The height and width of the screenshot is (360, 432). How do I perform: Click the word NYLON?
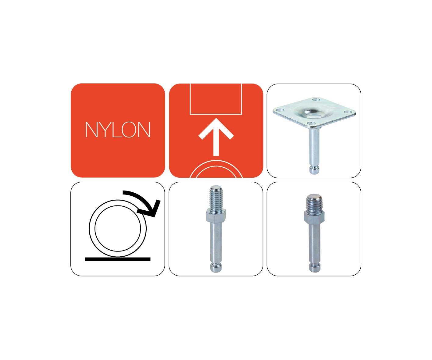click(118, 130)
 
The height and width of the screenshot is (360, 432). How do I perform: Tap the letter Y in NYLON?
click(105, 130)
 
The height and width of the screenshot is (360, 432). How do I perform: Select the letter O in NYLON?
click(129, 130)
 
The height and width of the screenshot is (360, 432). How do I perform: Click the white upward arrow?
click(216, 137)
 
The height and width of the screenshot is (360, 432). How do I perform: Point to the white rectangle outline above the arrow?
click(216, 114)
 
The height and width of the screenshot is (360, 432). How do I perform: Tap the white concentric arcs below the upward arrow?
click(216, 161)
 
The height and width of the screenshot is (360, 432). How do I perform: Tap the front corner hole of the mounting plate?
click(311, 123)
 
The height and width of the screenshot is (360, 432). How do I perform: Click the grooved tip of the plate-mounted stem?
click(314, 170)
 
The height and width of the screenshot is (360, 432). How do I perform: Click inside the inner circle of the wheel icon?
click(117, 228)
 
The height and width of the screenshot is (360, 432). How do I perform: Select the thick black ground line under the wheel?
click(117, 259)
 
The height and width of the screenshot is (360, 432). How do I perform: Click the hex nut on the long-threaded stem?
click(216, 216)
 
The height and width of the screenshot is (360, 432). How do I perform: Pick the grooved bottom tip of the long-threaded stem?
click(216, 268)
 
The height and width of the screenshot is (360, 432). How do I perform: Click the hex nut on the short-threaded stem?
click(314, 217)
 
